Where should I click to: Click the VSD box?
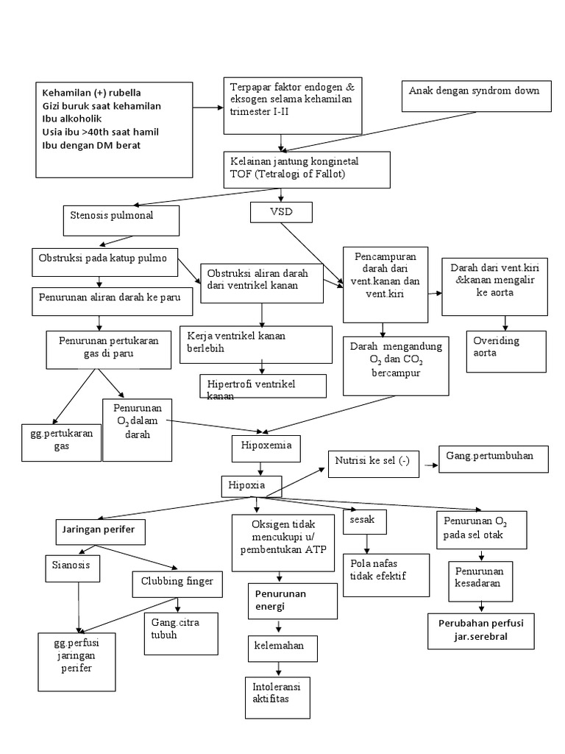pyautogui.click(x=282, y=212)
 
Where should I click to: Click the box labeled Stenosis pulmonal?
pyautogui.click(x=121, y=219)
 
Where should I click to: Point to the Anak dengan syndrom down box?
pyautogui.click(x=475, y=95)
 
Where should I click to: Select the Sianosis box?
pyautogui.click(x=70, y=568)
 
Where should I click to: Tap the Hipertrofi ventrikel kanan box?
pyautogui.click(x=262, y=386)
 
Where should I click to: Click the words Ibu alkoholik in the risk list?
pyautogui.click(x=72, y=119)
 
